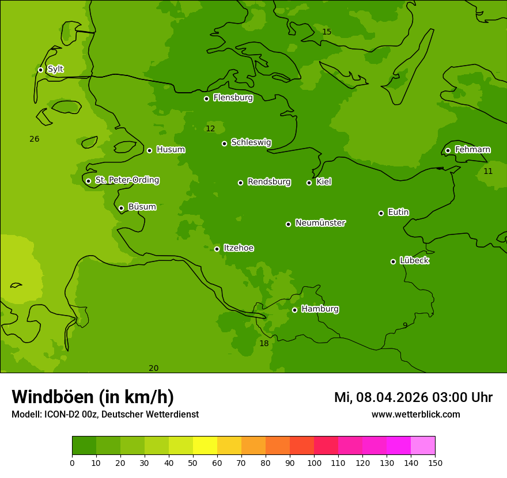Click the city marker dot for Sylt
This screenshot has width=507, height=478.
point(40,70)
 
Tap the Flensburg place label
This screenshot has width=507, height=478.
point(233,98)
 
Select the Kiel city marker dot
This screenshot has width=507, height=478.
point(309,183)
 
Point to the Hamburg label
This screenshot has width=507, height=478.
point(320,309)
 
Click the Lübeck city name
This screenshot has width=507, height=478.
point(414,261)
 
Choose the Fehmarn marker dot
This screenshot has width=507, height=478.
point(448,150)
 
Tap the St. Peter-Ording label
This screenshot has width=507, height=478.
point(127,180)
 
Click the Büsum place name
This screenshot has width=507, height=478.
point(142,207)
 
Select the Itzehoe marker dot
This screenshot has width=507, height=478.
point(217,249)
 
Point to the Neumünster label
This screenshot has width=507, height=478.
point(320,223)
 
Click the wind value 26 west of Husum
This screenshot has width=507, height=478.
point(35,139)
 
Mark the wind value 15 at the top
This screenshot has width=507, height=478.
point(327,32)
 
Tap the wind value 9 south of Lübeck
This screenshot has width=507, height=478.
point(405,325)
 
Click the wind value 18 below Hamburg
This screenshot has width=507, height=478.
point(264,344)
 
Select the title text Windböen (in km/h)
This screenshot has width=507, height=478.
point(93,397)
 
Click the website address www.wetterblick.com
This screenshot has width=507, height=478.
point(415,415)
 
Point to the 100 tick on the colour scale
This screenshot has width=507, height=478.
point(314,462)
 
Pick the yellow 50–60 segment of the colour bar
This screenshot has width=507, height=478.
point(205,446)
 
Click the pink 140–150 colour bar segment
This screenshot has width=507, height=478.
point(423,446)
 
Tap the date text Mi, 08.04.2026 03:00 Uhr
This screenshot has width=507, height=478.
point(413,397)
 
